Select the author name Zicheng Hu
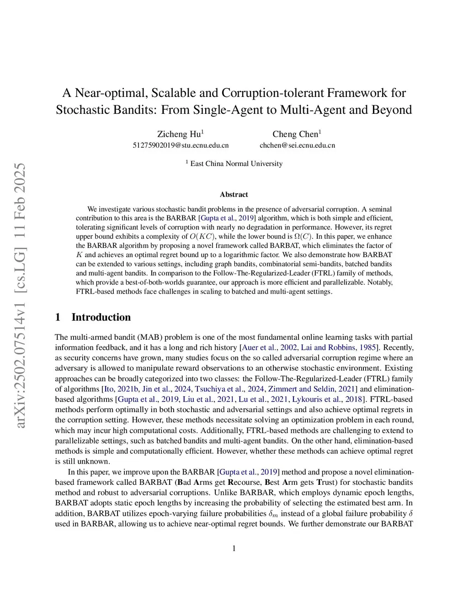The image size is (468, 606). click(179, 134)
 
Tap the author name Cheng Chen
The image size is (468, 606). click(295, 134)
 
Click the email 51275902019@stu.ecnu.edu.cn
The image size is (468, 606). click(181, 145)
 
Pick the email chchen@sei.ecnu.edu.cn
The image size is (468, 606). click(297, 145)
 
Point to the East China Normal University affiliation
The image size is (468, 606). click(236, 164)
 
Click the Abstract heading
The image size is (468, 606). click(234, 194)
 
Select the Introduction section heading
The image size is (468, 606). click(101, 317)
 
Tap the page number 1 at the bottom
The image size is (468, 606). click(234, 548)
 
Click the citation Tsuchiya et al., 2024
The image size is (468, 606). click(229, 389)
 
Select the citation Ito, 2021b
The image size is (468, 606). click(121, 389)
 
